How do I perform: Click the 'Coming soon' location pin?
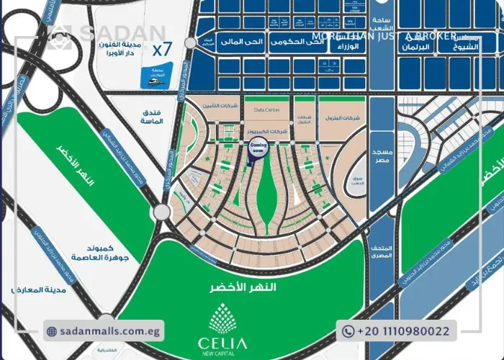point(258,148)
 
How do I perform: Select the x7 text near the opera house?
point(162,50)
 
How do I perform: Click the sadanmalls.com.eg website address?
point(110,331)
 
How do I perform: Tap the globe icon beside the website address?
point(52,331)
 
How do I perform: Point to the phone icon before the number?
point(348,331)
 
